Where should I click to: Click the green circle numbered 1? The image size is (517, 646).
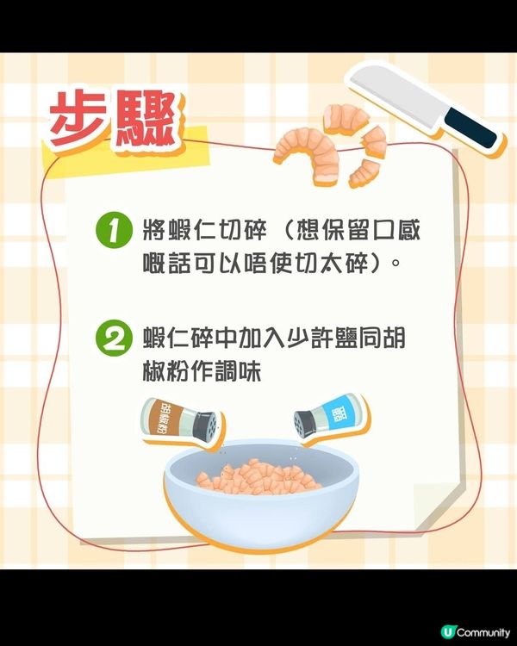(x=115, y=230)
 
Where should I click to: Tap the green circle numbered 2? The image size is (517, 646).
(x=115, y=339)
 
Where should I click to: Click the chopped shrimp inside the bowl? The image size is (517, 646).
(x=258, y=477)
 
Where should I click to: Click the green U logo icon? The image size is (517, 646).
(x=447, y=632)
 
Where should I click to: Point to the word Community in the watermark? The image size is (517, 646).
(x=483, y=632)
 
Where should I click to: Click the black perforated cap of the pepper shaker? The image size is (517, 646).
(x=205, y=426)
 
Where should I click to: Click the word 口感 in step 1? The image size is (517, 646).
(x=396, y=230)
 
